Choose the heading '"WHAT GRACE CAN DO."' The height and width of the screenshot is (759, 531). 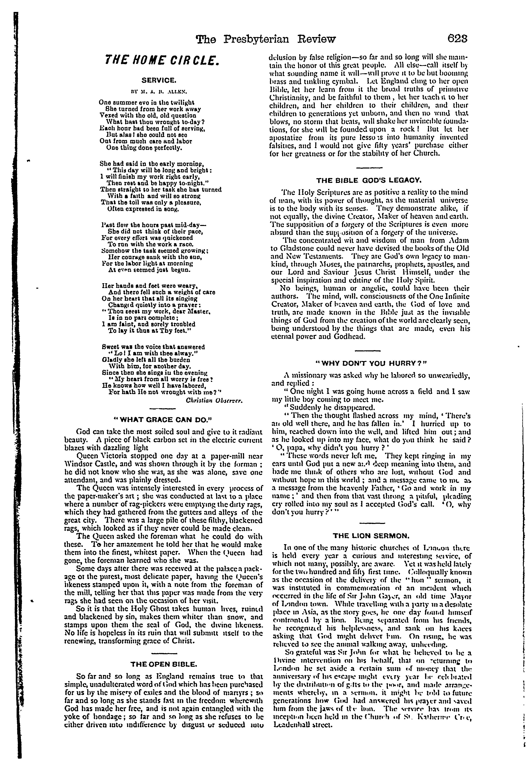click(x=162, y=420)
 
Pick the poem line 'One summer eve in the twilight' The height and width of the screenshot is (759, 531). click(x=147, y=103)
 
